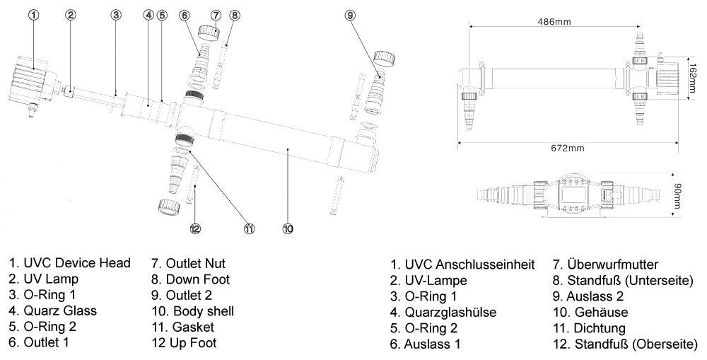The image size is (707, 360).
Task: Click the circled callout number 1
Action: (x=34, y=15)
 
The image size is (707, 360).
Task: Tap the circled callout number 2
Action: (x=71, y=15)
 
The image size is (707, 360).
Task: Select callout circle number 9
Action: (x=350, y=15)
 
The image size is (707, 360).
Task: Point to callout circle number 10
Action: (x=288, y=228)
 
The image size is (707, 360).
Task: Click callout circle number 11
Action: (x=249, y=228)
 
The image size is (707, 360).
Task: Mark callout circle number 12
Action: (x=195, y=228)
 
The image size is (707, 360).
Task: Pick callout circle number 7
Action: (x=217, y=15)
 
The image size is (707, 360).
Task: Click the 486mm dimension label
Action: (x=554, y=22)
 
